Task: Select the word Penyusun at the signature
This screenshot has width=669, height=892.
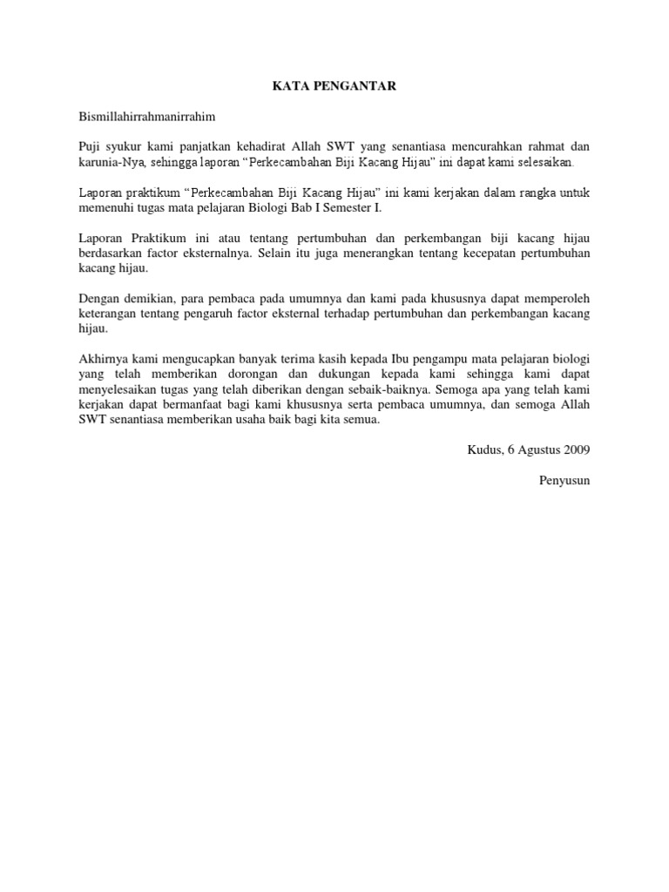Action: [565, 480]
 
